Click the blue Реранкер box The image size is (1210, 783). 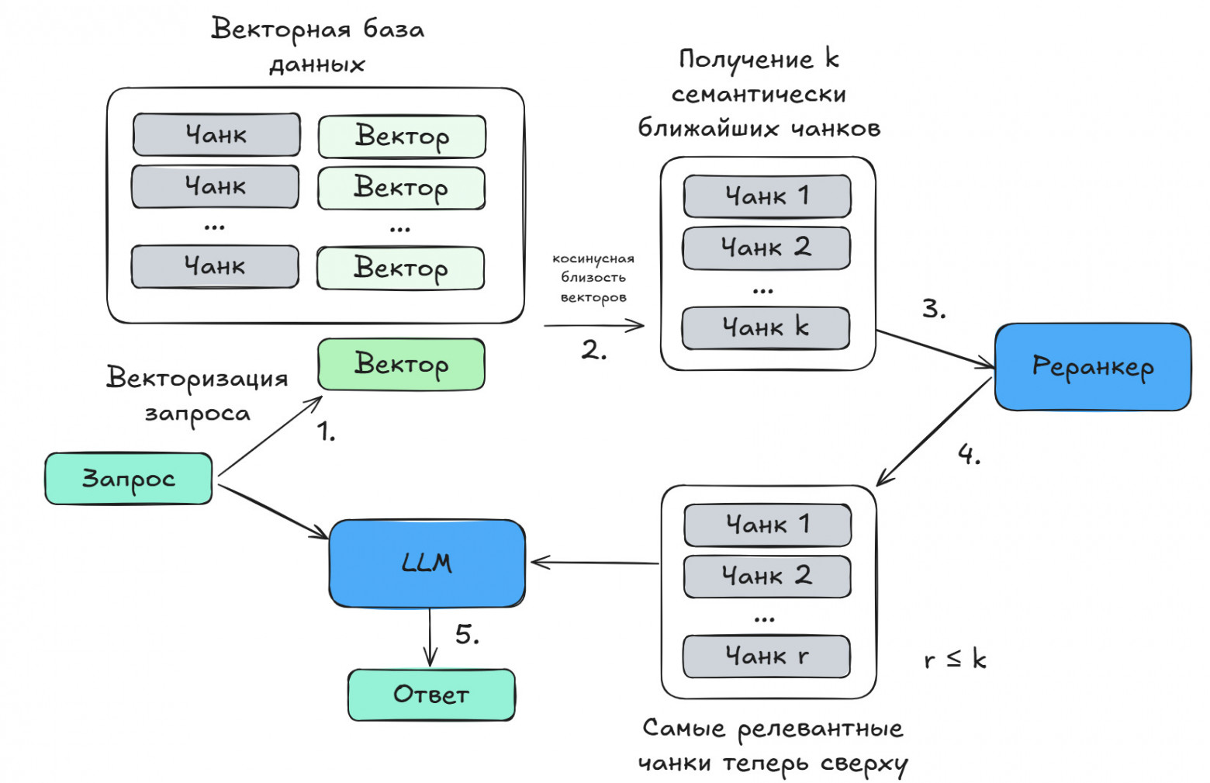(1092, 366)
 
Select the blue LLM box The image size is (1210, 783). (427, 563)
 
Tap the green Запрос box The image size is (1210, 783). (129, 479)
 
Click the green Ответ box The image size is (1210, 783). (431, 694)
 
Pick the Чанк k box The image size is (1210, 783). (766, 328)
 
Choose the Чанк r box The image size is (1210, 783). (766, 657)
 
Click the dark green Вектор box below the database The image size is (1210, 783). (401, 364)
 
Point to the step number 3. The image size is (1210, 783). (934, 309)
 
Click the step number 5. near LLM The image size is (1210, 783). (467, 635)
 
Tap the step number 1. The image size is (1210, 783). (326, 431)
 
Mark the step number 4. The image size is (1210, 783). (969, 454)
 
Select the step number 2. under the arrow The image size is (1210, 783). (593, 350)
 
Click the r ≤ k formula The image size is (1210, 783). (955, 660)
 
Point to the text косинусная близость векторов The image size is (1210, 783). (593, 277)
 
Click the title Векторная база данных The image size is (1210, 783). (317, 46)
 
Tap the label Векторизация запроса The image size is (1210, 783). (197, 394)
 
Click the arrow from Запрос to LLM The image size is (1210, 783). (273, 511)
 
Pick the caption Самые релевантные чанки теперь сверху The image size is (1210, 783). (773, 746)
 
